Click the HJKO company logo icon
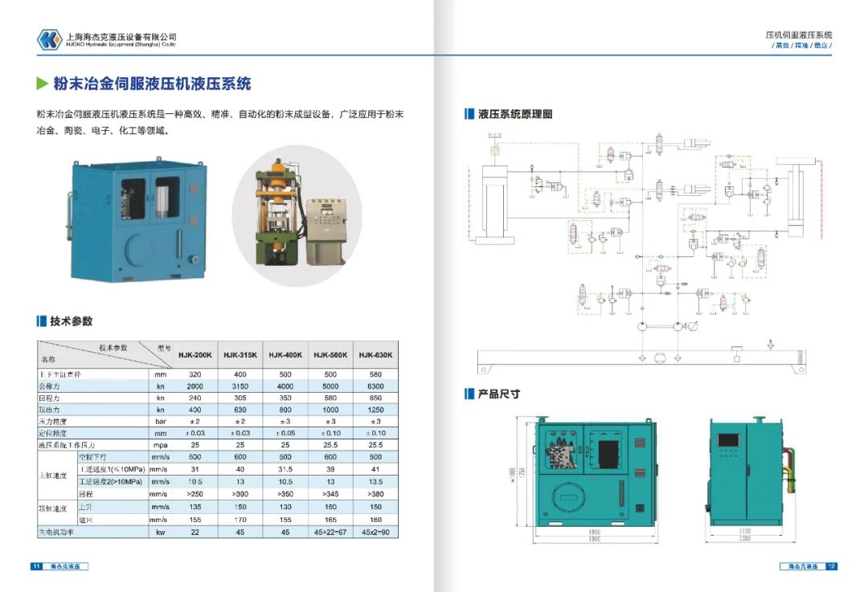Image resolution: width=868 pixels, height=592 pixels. coord(49,39)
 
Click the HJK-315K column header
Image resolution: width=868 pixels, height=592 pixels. coord(240,354)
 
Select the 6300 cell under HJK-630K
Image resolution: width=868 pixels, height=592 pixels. coord(375,386)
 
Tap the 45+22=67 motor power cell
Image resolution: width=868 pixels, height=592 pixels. coord(330,532)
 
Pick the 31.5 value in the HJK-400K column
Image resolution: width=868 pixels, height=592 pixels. coord(285,469)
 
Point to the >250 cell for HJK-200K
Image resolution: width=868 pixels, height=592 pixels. coord(194,493)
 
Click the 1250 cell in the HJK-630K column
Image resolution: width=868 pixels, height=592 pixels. coord(375,409)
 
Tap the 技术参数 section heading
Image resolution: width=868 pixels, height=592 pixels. coord(71,321)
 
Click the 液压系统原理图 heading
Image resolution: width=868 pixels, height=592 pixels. coord(515,114)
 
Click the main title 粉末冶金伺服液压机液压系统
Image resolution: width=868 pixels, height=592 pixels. coord(152,84)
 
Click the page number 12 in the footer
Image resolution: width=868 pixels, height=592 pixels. coord(831,566)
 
